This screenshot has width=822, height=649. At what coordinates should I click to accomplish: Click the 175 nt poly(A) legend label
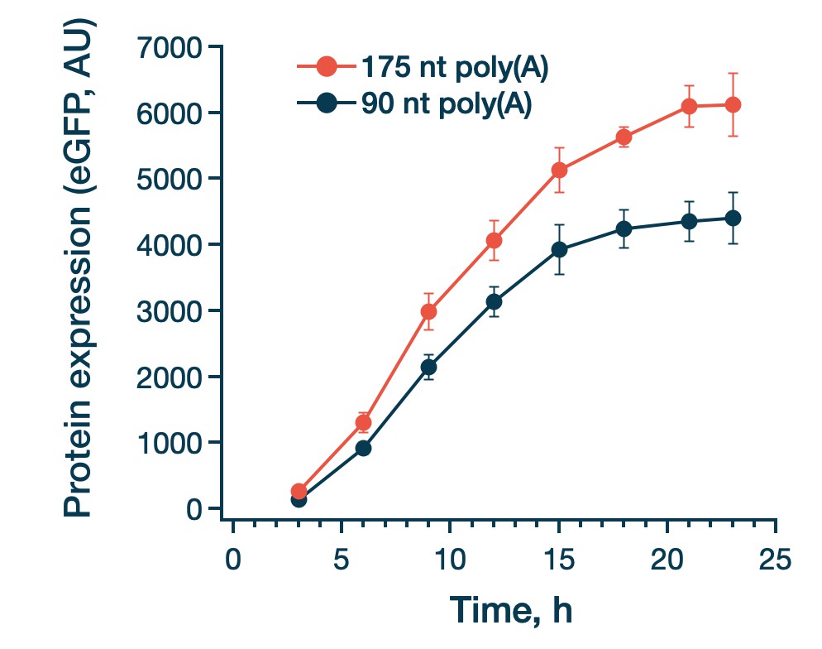pos(455,68)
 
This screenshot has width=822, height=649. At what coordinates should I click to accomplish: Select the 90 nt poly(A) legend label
pos(446,103)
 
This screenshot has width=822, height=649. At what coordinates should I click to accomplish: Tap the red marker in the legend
pos(327,66)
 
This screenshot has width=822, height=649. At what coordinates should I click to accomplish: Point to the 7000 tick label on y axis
pos(169,48)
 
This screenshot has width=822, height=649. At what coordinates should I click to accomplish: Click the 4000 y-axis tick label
pos(169,245)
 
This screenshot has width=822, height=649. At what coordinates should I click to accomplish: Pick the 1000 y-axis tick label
pos(169,444)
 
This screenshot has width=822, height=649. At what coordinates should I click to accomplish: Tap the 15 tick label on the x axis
pos(559,560)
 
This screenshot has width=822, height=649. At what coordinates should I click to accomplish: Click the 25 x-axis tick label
pos(776,560)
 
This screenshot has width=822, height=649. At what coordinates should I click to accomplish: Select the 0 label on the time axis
pos(232,560)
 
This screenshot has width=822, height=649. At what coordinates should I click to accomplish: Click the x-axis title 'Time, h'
pos(511,610)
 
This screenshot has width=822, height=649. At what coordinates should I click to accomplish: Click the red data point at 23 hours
pos(733,105)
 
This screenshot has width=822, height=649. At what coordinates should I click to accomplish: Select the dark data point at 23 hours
pos(733,219)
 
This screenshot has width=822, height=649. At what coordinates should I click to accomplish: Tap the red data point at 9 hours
pos(429,311)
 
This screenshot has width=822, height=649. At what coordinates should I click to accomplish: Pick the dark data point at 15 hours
pos(559,250)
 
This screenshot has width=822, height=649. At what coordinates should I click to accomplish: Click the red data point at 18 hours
pos(624,137)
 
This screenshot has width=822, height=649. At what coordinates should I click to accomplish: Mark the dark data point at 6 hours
pos(363,448)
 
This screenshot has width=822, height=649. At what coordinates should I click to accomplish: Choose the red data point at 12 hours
pos(494,241)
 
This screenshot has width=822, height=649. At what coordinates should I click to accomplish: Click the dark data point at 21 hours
pos(690,221)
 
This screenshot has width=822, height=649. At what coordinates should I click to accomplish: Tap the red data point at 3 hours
pos(299,491)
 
